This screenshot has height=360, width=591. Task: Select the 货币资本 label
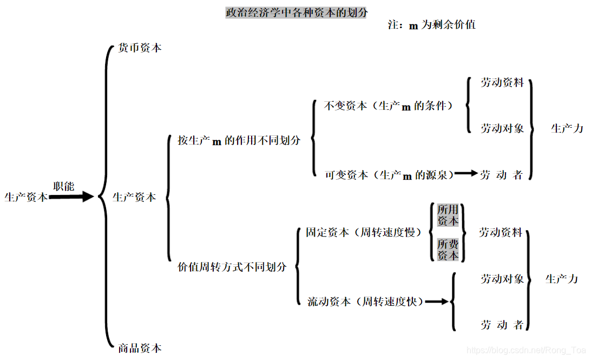click(140, 48)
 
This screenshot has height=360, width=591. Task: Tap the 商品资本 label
click(140, 348)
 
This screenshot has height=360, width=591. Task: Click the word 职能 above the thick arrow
click(63, 186)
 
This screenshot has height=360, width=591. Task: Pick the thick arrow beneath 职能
click(71, 197)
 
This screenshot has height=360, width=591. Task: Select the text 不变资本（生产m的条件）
click(388, 106)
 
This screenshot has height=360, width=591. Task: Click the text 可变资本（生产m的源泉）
click(389, 175)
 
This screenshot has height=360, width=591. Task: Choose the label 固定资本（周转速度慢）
click(363, 232)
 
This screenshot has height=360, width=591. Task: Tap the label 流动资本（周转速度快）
click(365, 301)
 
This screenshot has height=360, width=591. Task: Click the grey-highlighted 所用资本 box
click(448, 215)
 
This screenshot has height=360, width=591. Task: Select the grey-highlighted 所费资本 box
click(448, 250)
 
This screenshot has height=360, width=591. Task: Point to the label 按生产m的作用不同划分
click(239, 140)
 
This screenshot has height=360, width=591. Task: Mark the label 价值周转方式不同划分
click(232, 266)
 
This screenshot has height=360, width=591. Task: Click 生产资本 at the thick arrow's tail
click(25, 197)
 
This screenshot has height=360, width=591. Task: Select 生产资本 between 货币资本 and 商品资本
click(134, 197)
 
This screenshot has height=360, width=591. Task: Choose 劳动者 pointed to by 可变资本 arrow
click(502, 175)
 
